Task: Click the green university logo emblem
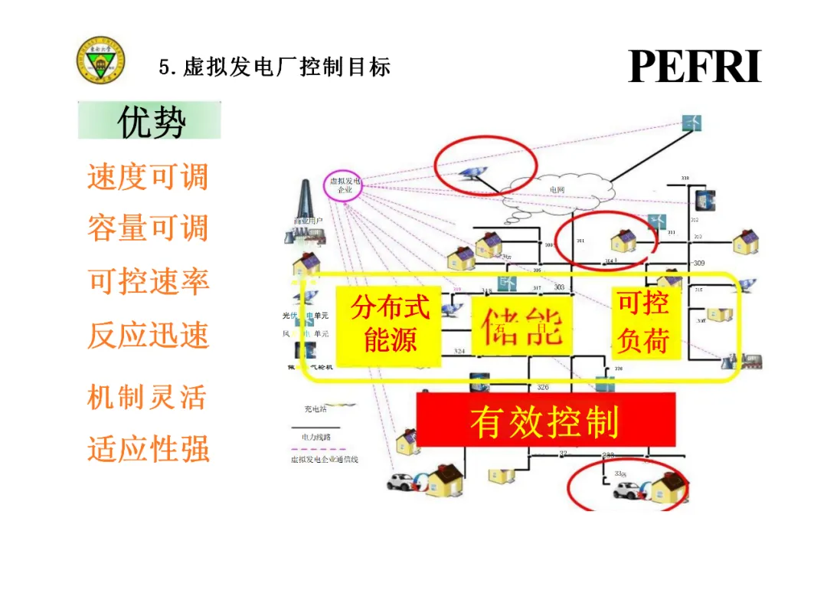pos(101,62)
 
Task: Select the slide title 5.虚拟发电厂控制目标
pos(275,67)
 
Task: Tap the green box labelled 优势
pos(149,121)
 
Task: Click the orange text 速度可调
pos(148,177)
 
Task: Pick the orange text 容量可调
pos(148,228)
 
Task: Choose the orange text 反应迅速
pos(149,335)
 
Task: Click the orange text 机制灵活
pos(147,397)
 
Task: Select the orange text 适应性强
pos(149,448)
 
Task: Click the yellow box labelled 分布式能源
pos(389,323)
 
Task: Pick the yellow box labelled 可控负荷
pos(645,322)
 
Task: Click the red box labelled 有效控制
pos(545,419)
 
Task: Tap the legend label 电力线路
pos(316,435)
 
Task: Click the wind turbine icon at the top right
pos(692,123)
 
